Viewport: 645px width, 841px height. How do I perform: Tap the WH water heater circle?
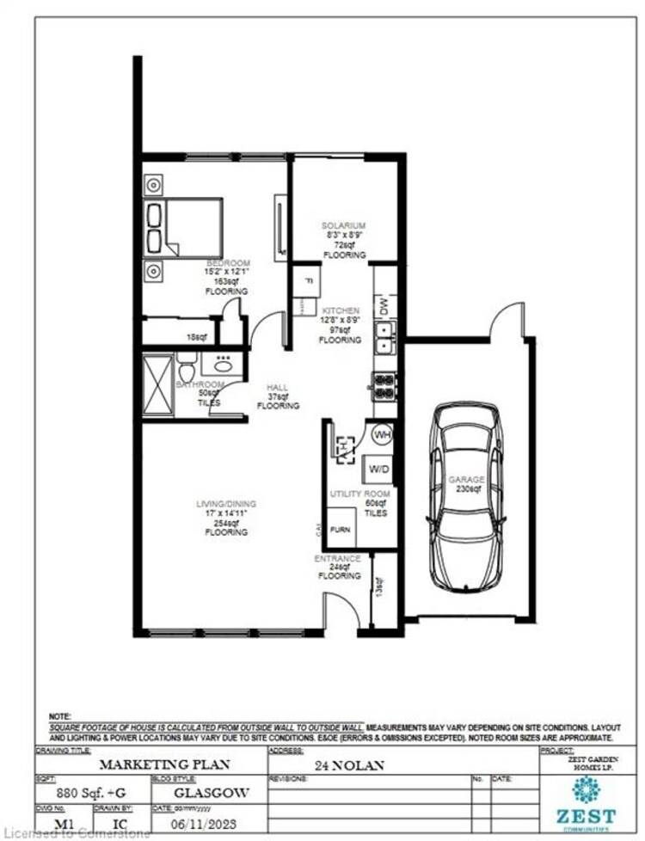(382, 434)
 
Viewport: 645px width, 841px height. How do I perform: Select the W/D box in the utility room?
(378, 470)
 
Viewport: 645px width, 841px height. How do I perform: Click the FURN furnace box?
(340, 531)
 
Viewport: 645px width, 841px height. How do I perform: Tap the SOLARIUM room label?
(344, 225)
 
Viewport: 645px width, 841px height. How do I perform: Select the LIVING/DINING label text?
(226, 504)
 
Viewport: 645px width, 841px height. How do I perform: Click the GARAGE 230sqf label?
(466, 484)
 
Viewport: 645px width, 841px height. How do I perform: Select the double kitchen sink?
(384, 337)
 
